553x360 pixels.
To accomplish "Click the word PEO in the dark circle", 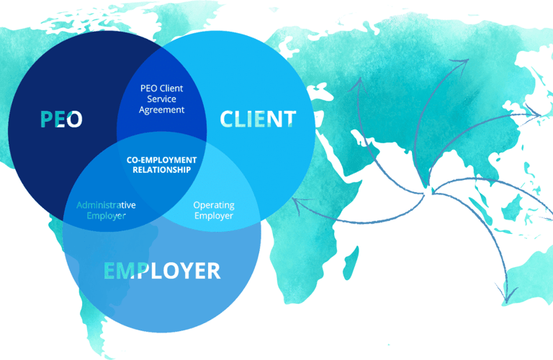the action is [x=61, y=119].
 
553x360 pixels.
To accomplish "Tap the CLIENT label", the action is [x=258, y=119].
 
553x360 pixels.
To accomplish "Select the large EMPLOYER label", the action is [x=162, y=271].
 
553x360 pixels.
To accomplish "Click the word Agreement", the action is [x=162, y=110].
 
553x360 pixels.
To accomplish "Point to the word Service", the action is [x=161, y=99].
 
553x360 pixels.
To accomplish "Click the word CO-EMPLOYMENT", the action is [x=161, y=159].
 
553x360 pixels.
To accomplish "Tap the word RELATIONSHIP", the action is [x=161, y=170].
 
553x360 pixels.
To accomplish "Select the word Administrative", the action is [x=106, y=204].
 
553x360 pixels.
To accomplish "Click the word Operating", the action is [x=214, y=204].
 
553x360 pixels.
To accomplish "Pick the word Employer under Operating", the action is [x=214, y=215].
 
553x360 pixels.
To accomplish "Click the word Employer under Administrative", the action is [x=106, y=215].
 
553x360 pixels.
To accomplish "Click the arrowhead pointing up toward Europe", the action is [x=357, y=81].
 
